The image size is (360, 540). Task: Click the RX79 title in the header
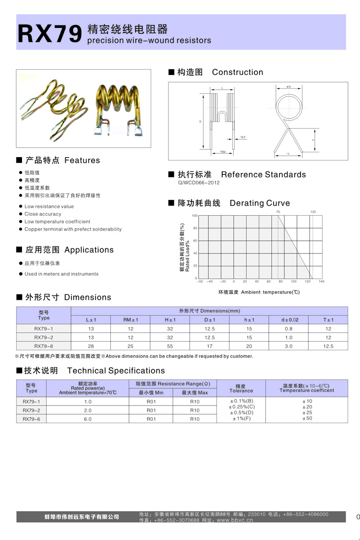point(49,34)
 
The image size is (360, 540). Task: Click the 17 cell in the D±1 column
point(209,346)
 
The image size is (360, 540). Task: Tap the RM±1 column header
point(131,320)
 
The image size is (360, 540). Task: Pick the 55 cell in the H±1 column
point(170,346)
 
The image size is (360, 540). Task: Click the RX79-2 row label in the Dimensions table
point(44,337)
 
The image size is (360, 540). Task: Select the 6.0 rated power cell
point(88,419)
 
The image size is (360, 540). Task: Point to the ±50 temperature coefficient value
point(307,418)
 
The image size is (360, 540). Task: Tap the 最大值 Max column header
point(195,393)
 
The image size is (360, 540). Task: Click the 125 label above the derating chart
point(313,212)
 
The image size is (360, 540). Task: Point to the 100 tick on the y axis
point(194,216)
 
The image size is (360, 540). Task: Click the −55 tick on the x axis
point(200,282)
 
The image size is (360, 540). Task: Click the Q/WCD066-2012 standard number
point(199,183)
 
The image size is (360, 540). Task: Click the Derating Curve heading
point(260,203)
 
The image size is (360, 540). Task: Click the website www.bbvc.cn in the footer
point(235,520)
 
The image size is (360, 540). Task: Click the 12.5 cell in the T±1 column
point(328,346)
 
